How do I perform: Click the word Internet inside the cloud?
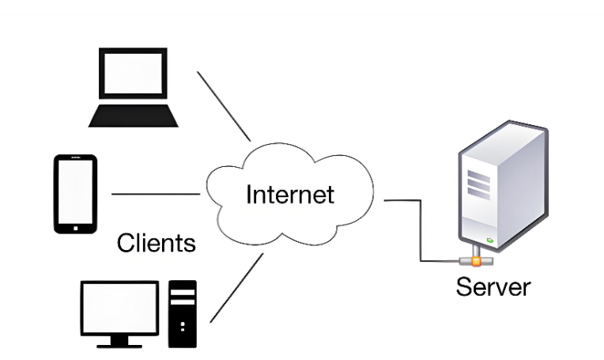[x=290, y=194]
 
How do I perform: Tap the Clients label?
[x=156, y=242]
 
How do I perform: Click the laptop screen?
[x=132, y=76]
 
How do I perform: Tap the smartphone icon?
[x=76, y=194]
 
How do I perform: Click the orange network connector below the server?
[x=475, y=260]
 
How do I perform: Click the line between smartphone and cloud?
[x=156, y=194]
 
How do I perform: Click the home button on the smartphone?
[x=76, y=226]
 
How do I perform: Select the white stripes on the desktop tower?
[x=183, y=296]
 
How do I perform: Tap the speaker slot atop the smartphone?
[x=76, y=161]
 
